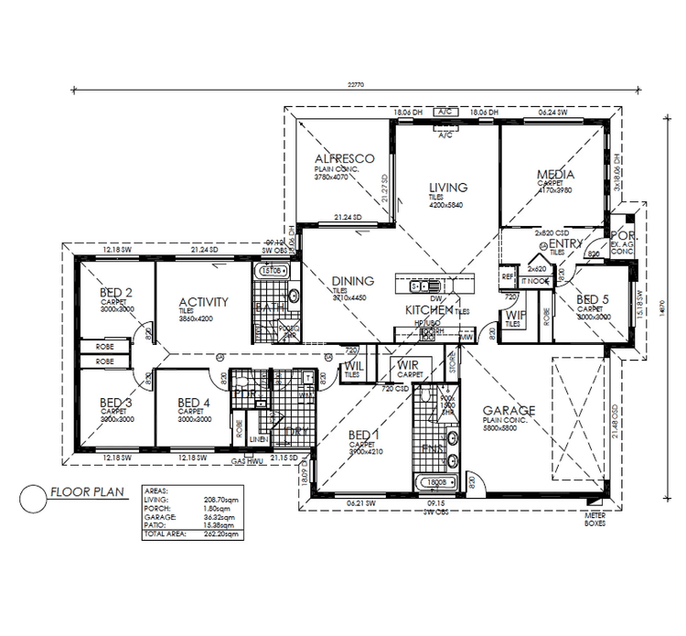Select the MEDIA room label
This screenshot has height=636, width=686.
(555, 174)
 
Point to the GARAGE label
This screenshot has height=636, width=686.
(509, 411)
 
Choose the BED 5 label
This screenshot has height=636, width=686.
(594, 298)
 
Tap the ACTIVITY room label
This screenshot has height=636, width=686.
(203, 302)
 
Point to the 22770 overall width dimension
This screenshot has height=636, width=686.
(357, 85)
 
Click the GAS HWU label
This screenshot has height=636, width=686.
(247, 462)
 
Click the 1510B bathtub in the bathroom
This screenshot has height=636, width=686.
(271, 272)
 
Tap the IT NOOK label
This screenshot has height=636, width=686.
(535, 281)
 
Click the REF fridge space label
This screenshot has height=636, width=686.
(508, 275)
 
